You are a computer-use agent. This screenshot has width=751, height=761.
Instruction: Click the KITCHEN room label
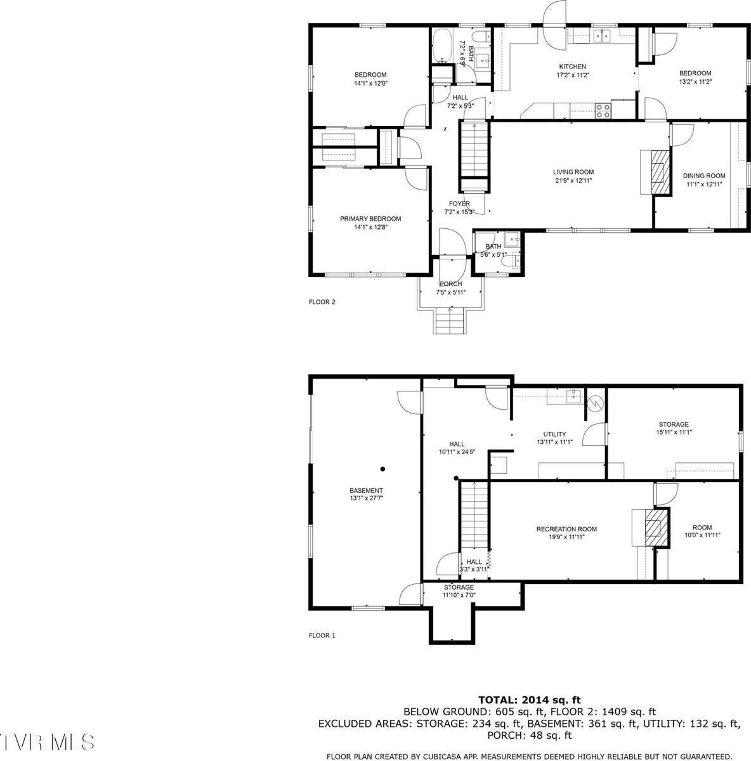coord(572,67)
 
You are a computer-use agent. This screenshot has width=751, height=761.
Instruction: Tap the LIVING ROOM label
coord(573,172)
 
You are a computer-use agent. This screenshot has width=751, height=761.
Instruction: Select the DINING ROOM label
coord(703,176)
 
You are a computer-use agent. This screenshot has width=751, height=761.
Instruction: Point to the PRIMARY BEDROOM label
coord(370,219)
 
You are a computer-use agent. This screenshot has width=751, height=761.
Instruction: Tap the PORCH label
coord(450,284)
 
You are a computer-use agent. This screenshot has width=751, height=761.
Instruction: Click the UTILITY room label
coord(554,434)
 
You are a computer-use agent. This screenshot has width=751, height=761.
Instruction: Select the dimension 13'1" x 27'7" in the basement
coord(366,498)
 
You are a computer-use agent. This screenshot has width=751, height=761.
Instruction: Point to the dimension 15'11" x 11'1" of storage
coord(673,433)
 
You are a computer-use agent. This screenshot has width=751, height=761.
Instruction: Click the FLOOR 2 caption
coord(322,302)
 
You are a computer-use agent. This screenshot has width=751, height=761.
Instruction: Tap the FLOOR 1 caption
coord(322,635)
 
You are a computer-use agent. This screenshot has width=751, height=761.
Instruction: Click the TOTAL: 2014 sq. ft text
coord(529,700)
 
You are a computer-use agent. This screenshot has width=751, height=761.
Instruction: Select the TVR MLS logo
coord(48,741)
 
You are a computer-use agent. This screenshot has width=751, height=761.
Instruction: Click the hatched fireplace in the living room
coord(661,171)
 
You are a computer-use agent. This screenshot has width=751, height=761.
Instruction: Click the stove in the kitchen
coord(603,112)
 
